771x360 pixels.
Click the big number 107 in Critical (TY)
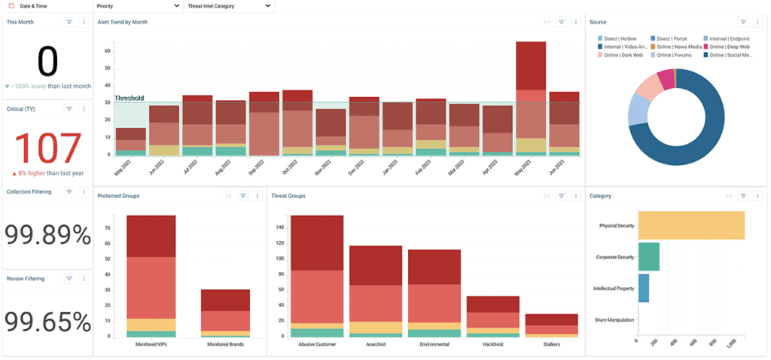click(x=47, y=148)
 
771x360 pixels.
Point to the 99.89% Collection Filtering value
click(x=47, y=235)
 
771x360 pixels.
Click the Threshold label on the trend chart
click(x=129, y=98)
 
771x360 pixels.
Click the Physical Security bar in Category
click(x=691, y=225)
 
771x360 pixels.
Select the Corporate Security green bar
click(x=648, y=257)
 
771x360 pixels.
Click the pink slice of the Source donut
click(x=665, y=78)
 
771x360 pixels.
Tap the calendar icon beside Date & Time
click(x=11, y=6)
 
